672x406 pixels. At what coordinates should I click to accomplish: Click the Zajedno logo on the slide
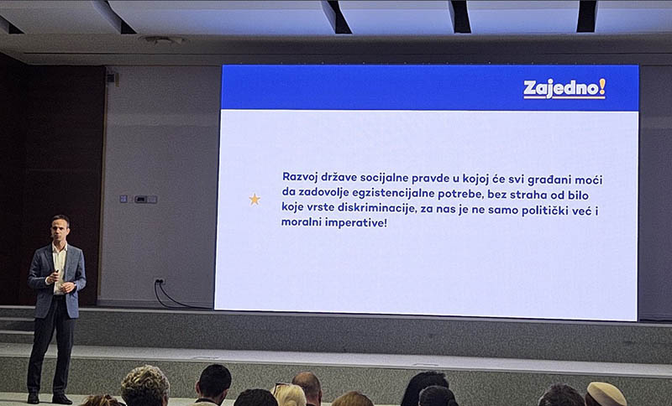coord(564,89)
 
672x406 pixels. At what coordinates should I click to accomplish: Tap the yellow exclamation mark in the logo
coord(602,87)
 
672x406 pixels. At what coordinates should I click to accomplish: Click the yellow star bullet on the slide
coord(255,200)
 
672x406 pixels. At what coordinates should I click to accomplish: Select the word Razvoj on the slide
coord(298,177)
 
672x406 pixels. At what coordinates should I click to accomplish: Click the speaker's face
coord(60,227)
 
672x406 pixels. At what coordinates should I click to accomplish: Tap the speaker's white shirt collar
coord(60,247)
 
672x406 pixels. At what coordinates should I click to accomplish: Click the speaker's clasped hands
coord(60,283)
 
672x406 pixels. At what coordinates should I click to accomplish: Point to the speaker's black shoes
coord(50,398)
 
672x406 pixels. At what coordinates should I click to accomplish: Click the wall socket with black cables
coord(160,282)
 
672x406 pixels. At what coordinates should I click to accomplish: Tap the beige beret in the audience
coord(606,394)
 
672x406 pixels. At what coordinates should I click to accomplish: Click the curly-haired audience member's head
coord(145,386)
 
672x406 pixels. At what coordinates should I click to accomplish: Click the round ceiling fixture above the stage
coord(163,39)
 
